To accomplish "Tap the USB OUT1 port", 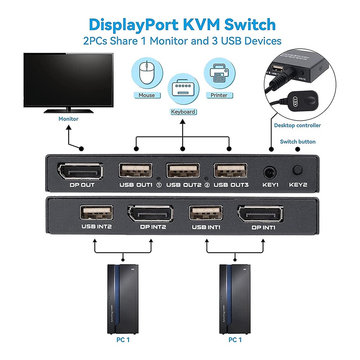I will point(135,171).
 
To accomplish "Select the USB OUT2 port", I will point(183,171).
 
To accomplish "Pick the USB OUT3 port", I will point(231,171).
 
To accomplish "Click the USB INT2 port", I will point(96,213).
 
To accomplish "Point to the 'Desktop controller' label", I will point(297,125).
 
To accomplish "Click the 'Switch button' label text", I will point(298,141).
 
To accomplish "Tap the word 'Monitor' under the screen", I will point(68,118).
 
